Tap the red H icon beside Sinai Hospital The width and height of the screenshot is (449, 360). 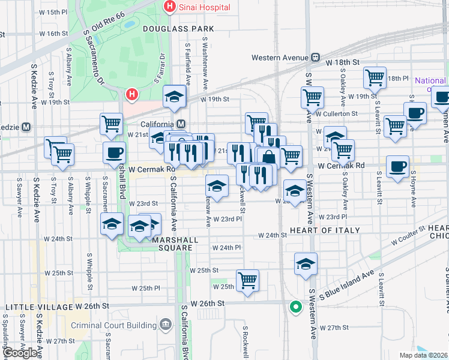coord(170,7)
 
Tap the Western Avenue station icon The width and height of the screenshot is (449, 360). coord(315,58)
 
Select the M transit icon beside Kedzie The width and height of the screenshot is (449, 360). coord(26,127)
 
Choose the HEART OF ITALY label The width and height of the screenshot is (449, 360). coord(325,230)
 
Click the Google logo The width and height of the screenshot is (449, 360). coord(20,353)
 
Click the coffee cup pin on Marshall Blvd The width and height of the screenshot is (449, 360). coord(114,152)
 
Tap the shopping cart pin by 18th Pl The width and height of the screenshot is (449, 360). coord(375,77)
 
